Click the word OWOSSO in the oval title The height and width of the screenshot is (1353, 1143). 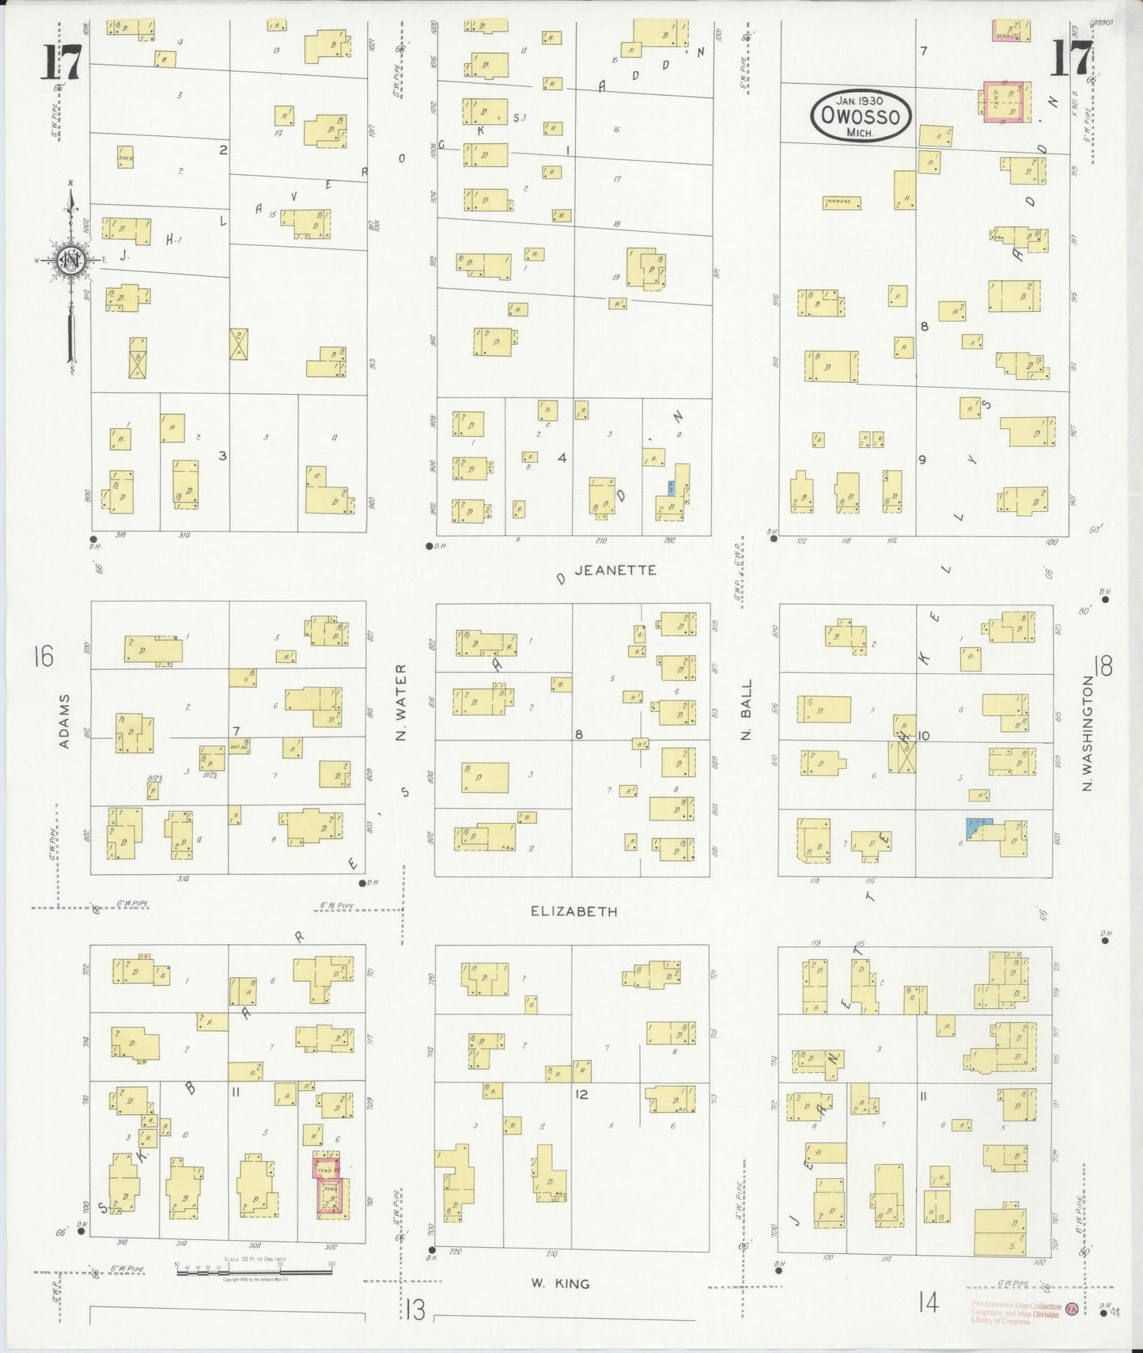861,117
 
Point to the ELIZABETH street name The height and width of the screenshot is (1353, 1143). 573,911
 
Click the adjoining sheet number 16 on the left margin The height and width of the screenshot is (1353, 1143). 43,657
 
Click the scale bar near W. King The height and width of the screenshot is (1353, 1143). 253,1272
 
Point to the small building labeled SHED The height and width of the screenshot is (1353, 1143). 125,157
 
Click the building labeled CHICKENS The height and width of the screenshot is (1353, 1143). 842,203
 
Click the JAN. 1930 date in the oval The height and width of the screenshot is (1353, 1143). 861,100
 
